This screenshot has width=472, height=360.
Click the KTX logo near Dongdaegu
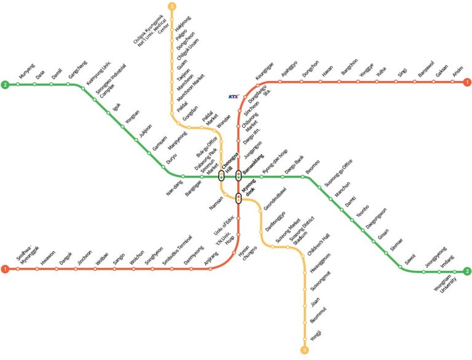[x=233, y=96]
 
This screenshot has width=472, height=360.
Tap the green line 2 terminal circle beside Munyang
[x=5, y=84]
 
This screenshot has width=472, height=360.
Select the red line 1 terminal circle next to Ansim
[x=468, y=82]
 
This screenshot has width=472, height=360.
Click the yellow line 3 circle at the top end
[x=171, y=7]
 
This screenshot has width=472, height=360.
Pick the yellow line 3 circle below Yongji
[x=304, y=350]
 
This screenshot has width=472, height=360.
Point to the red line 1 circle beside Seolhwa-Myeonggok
[x=5, y=269]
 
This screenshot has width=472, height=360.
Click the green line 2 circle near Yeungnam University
[x=467, y=271]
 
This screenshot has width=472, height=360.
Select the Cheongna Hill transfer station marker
[x=222, y=176]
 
